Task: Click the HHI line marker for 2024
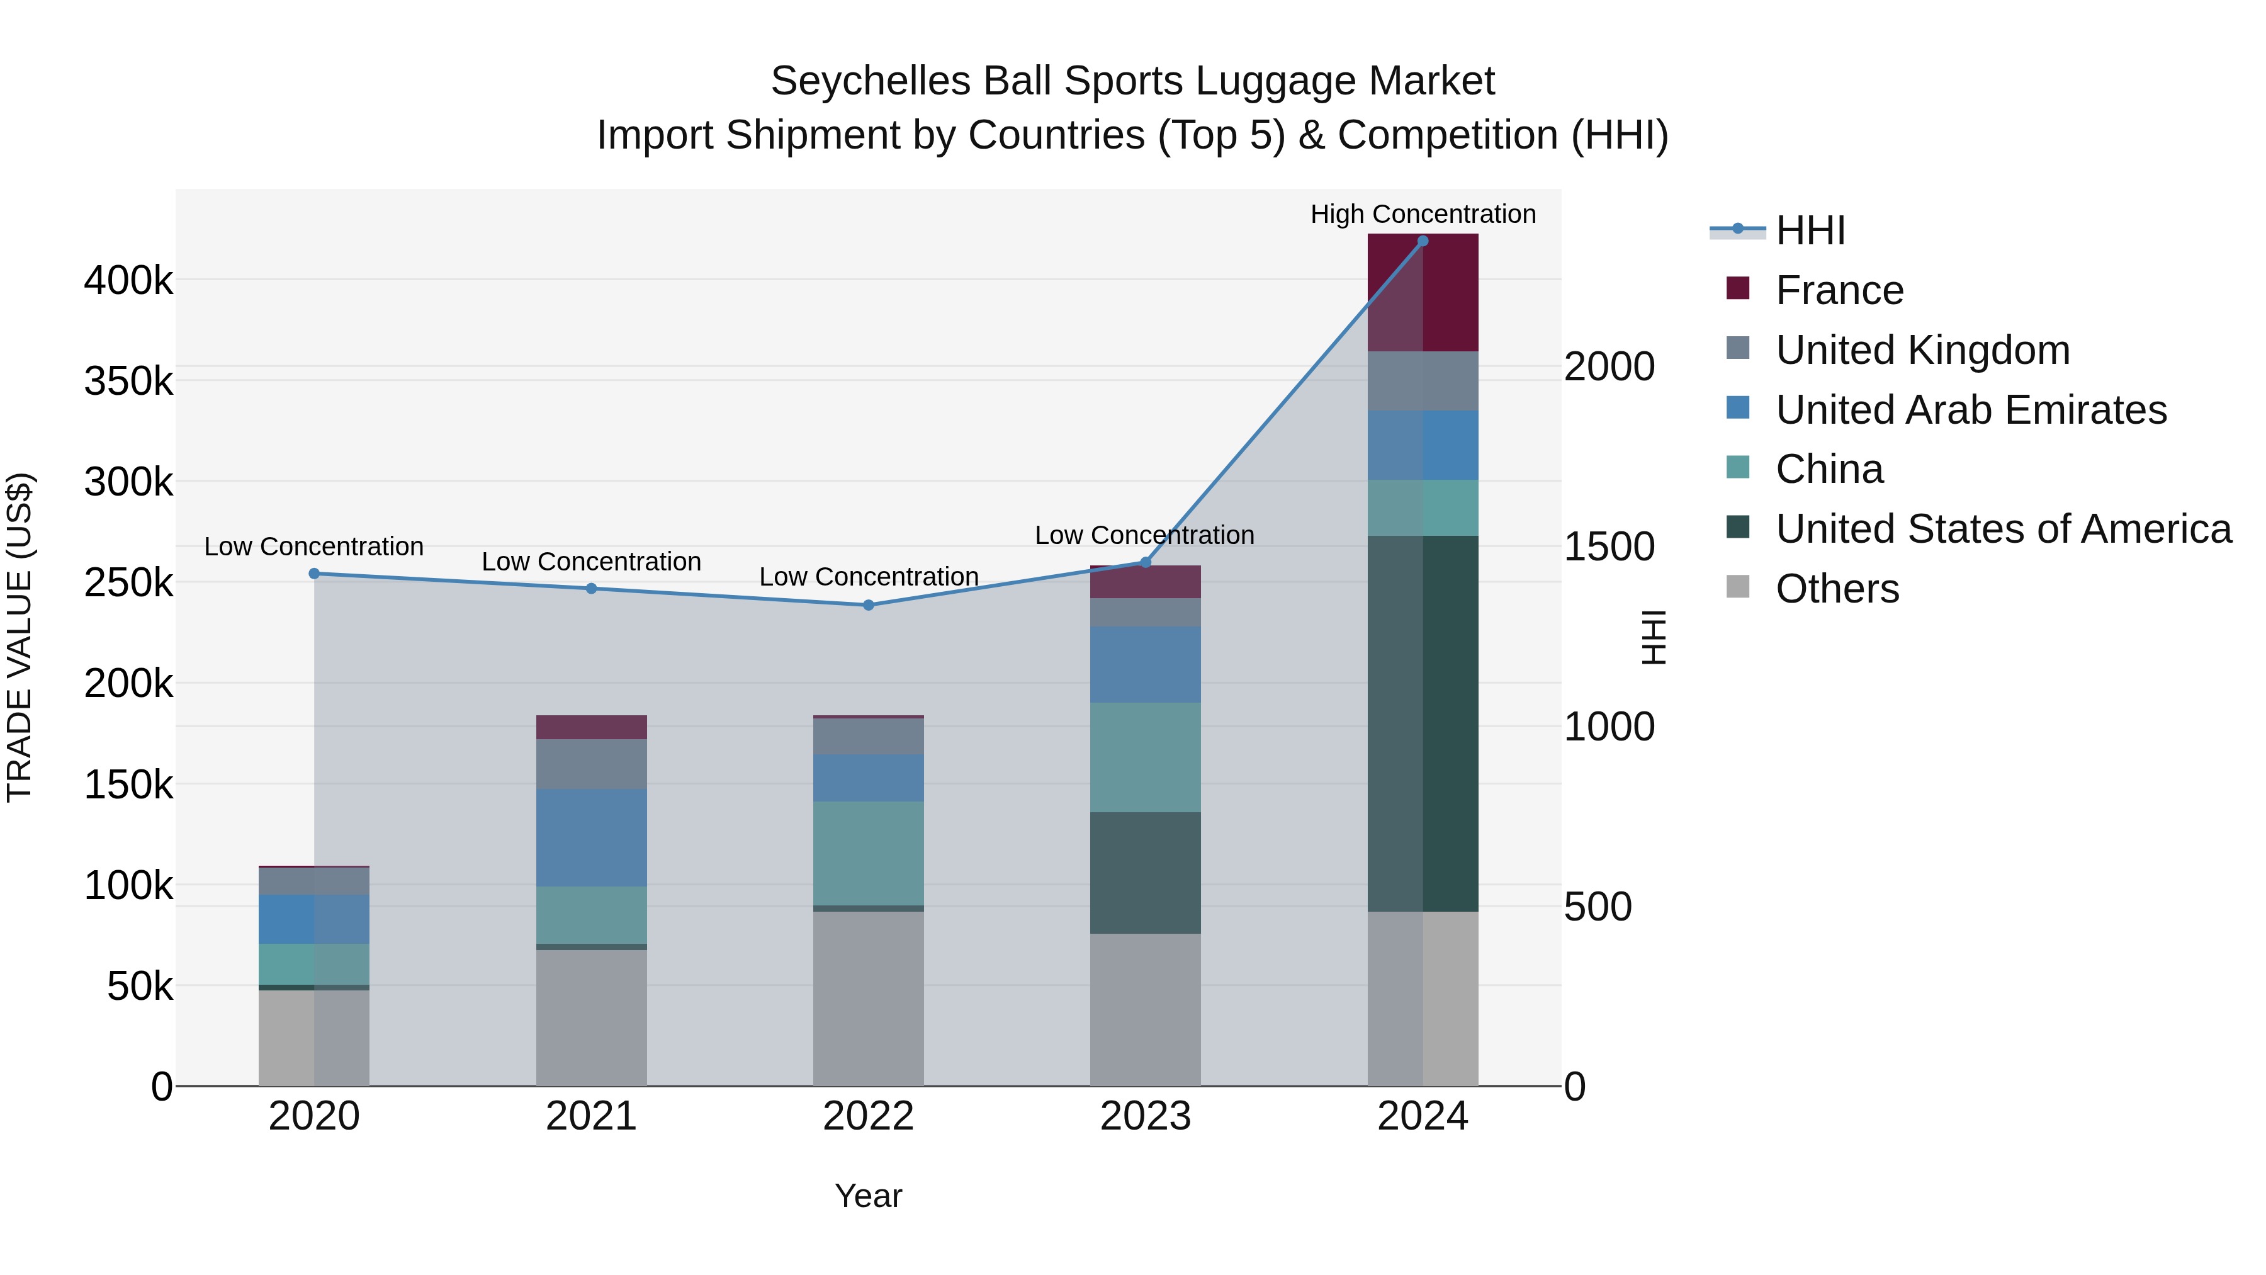point(1423,241)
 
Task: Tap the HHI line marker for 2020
point(314,574)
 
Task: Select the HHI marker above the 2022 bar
point(868,605)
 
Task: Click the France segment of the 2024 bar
point(1423,293)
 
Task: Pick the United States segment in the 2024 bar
point(1423,723)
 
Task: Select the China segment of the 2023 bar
point(1146,757)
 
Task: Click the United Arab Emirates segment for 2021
point(591,837)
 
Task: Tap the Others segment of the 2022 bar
point(868,998)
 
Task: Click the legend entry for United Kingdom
point(1922,350)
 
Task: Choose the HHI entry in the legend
point(1810,230)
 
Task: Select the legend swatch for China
point(1738,467)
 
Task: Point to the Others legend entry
point(1837,589)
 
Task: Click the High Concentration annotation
point(1423,214)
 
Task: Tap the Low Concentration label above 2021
point(591,562)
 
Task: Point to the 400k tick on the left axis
point(128,281)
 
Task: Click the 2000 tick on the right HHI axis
point(1609,367)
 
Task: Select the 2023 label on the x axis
point(1146,1116)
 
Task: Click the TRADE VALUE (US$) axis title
point(20,637)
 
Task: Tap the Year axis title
point(868,1196)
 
